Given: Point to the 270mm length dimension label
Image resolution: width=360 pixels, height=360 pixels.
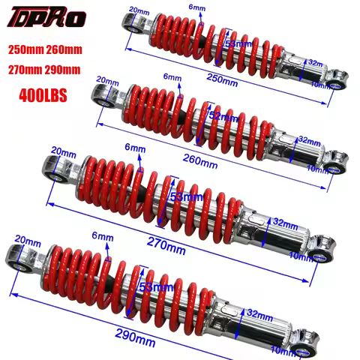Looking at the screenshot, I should coord(166,244).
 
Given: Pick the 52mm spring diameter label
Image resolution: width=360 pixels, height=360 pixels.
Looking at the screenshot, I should coord(222,116).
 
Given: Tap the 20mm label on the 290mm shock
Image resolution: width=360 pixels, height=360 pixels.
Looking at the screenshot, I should coord(26,240).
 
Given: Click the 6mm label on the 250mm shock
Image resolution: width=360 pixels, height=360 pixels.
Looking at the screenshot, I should coord(196,7).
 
